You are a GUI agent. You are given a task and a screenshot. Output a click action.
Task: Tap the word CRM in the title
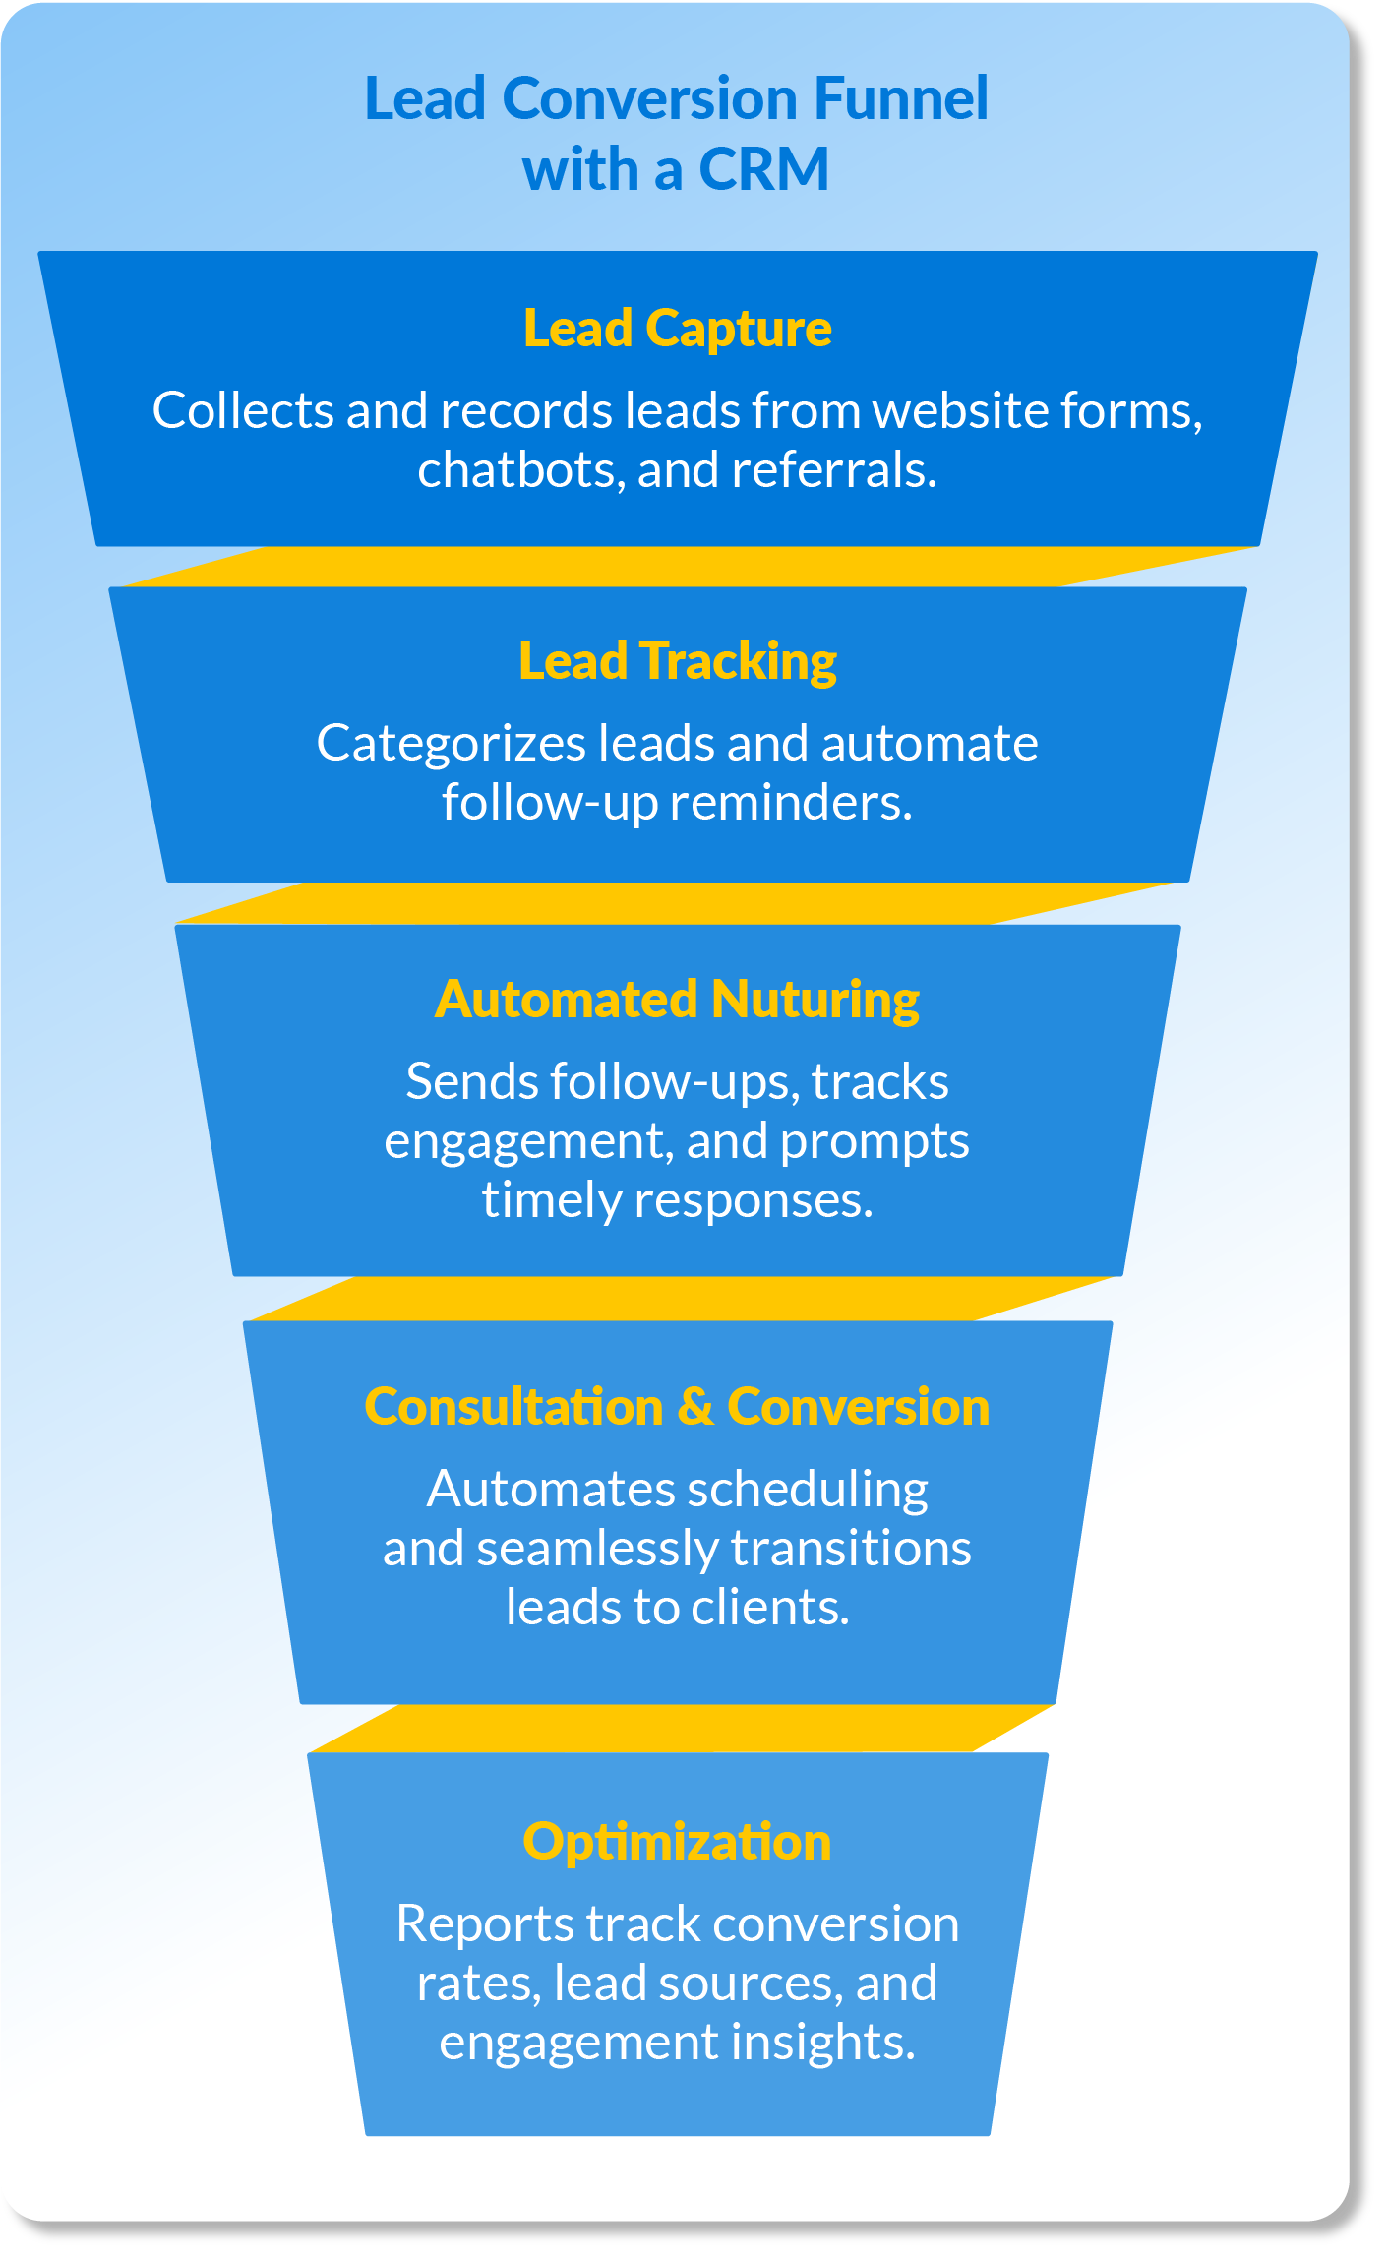pyautogui.click(x=764, y=169)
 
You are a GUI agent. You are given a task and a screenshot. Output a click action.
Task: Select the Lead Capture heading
pyautogui.click(x=677, y=329)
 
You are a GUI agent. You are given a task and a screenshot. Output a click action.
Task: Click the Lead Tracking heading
pyautogui.click(x=677, y=661)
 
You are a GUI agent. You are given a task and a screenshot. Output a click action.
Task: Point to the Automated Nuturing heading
pyautogui.click(x=677, y=1000)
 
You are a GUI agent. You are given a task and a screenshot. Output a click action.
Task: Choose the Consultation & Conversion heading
pyautogui.click(x=677, y=1407)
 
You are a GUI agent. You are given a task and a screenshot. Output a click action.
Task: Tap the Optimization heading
pyautogui.click(x=677, y=1842)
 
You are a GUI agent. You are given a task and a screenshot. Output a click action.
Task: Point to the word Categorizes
pyautogui.click(x=451, y=744)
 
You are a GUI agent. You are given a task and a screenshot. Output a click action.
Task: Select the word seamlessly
pyautogui.click(x=597, y=1550)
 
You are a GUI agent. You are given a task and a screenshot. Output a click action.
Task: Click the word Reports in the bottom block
pyautogui.click(x=484, y=1924)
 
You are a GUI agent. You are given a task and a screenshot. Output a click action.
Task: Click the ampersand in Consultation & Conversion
pyautogui.click(x=694, y=1407)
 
